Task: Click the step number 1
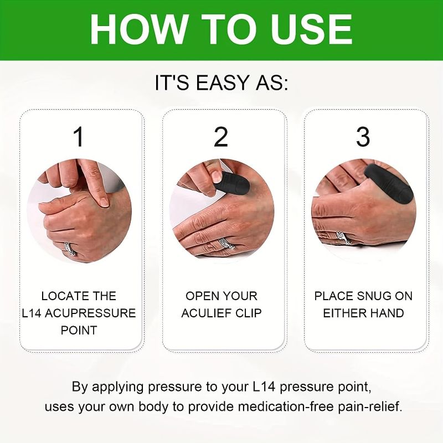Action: (x=79, y=137)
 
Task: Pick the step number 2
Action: (x=221, y=137)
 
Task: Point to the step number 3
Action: (x=363, y=137)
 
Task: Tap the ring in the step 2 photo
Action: (x=225, y=243)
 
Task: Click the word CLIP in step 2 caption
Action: (x=248, y=313)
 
